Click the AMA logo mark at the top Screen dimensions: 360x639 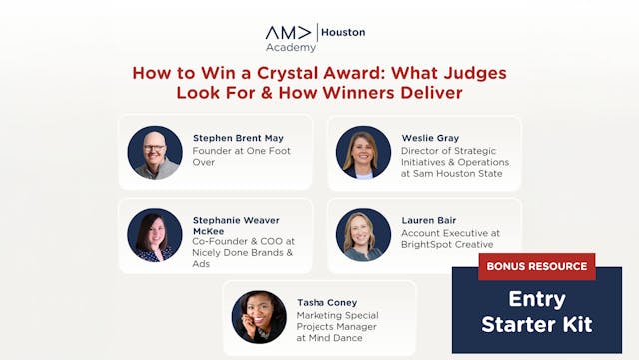tap(289, 32)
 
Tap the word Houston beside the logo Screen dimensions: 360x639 tap(343, 32)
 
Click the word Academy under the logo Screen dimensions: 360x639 tap(291, 47)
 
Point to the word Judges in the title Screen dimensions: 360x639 tap(478, 73)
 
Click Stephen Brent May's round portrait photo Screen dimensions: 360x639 tap(155, 152)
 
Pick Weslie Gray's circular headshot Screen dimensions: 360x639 tap(363, 152)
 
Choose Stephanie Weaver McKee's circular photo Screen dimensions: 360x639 tap(155, 234)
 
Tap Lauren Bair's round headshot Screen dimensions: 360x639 tap(363, 234)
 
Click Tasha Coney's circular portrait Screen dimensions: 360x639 tap(259, 317)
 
